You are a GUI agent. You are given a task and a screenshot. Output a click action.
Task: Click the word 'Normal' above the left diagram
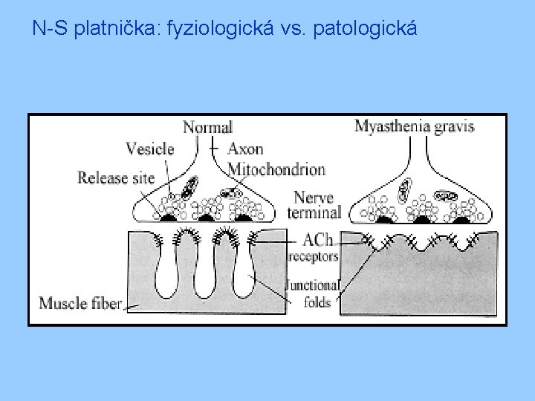click(x=208, y=128)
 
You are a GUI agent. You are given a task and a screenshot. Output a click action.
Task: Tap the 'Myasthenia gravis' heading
click(x=415, y=126)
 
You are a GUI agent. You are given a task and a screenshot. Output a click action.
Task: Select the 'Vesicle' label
click(x=149, y=149)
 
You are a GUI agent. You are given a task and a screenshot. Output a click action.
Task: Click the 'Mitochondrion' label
click(x=276, y=169)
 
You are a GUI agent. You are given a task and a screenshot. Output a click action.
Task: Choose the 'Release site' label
click(x=116, y=178)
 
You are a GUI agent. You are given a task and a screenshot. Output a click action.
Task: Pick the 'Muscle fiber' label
click(x=80, y=303)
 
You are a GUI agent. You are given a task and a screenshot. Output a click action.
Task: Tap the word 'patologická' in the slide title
click(x=366, y=30)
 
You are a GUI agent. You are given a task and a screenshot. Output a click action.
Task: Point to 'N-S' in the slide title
click(x=49, y=30)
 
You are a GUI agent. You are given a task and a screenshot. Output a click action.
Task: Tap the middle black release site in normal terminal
click(x=206, y=218)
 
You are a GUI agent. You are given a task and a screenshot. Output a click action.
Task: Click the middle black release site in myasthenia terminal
click(x=424, y=218)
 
